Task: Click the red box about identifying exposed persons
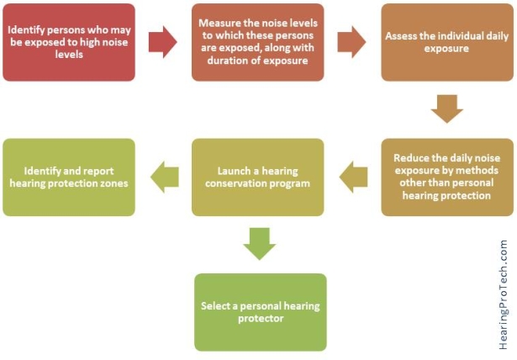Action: click(69, 42)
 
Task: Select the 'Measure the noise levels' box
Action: click(258, 42)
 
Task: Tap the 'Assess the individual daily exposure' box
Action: click(447, 42)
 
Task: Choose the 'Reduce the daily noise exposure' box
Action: click(447, 177)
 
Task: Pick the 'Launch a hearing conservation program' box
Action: click(258, 177)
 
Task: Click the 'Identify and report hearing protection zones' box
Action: click(69, 177)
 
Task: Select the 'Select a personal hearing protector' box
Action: click(261, 312)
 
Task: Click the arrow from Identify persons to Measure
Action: click(163, 42)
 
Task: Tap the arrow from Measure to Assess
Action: click(351, 42)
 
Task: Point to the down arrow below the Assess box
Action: click(447, 109)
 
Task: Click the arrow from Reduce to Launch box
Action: click(353, 177)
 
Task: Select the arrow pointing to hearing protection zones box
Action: click(165, 177)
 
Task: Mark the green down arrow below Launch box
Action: click(260, 244)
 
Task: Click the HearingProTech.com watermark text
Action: click(504, 294)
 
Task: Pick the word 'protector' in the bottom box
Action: click(261, 319)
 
